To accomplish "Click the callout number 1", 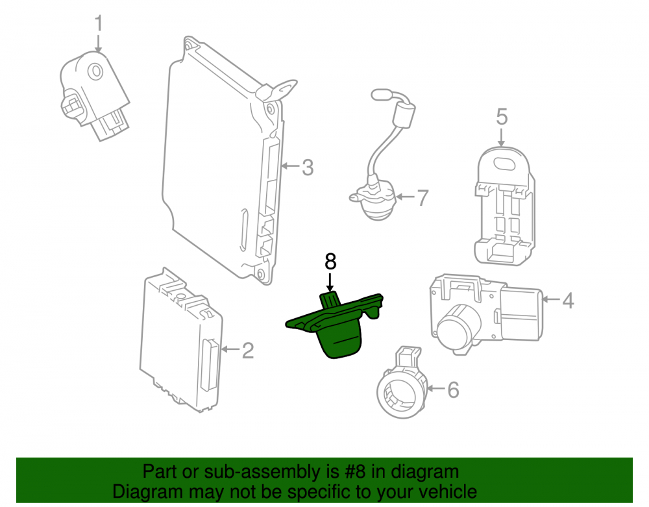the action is [x=99, y=23].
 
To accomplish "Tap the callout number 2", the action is [x=247, y=350].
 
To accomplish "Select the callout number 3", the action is [x=308, y=167].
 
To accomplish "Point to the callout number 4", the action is [x=568, y=301].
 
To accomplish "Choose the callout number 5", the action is [x=502, y=117].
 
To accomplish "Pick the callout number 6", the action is [x=453, y=390].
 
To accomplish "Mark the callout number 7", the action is [x=422, y=198].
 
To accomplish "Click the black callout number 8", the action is [x=330, y=262].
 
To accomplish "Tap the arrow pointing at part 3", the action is [x=291, y=166].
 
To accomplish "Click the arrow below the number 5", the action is [x=501, y=138].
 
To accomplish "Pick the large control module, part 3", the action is [x=223, y=162].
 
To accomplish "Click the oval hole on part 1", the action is [x=97, y=72].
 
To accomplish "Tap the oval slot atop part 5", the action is [x=506, y=163].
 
